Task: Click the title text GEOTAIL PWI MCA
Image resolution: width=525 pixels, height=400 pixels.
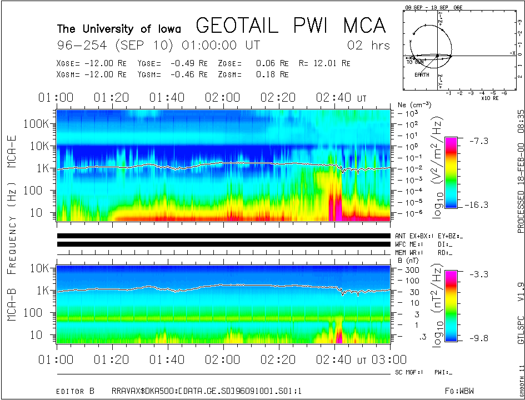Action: pos(291,26)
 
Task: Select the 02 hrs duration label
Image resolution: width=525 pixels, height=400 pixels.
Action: pos(368,45)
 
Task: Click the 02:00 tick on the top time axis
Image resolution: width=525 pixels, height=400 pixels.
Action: pos(223,98)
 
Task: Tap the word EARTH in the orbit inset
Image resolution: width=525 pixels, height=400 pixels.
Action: pos(422,74)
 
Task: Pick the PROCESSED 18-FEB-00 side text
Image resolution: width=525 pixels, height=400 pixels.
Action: pos(521,170)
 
